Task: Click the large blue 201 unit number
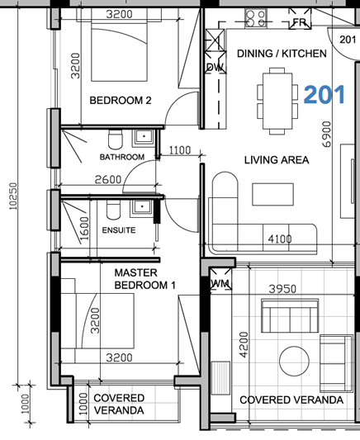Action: tap(324, 94)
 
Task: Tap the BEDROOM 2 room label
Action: tap(121, 102)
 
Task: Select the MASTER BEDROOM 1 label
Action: tap(145, 278)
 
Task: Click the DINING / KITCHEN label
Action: tap(282, 54)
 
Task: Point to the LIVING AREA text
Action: tap(276, 159)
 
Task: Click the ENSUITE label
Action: tap(119, 230)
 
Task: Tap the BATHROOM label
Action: tap(122, 157)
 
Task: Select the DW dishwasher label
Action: tap(215, 67)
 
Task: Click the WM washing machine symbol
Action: tap(220, 282)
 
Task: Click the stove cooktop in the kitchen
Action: tap(254, 17)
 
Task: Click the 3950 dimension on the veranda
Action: tap(282, 289)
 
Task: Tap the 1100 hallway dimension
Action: tap(178, 150)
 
